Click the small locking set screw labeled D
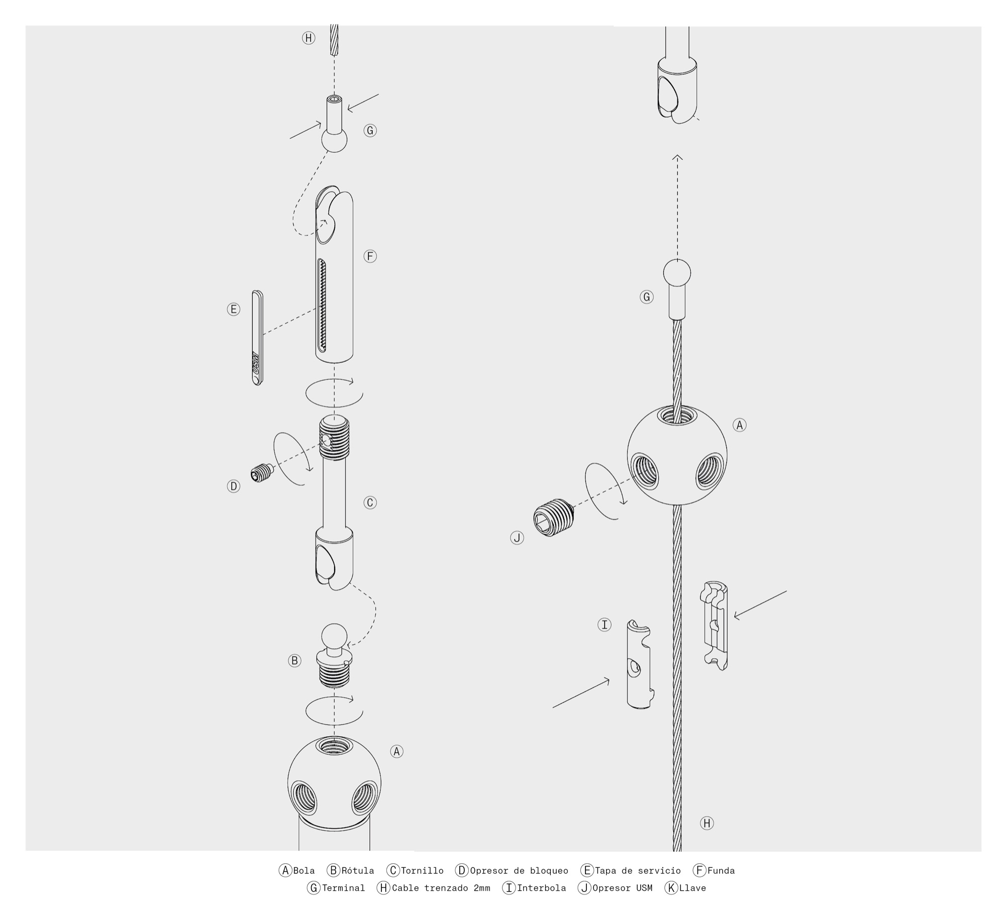[x=261, y=472]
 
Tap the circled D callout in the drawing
[x=234, y=486]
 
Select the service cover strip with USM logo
[x=257, y=338]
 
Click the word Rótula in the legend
[x=358, y=870]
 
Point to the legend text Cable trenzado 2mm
[x=441, y=888]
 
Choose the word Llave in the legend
[x=692, y=888]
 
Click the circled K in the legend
[x=671, y=888]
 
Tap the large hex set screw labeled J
[x=553, y=518]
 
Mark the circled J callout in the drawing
[x=517, y=538]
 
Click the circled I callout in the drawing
[x=605, y=625]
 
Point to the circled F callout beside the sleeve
[x=370, y=256]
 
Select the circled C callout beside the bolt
[x=370, y=502]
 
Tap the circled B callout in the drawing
[x=295, y=661]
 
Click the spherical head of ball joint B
[x=334, y=637]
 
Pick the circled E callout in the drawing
[x=234, y=310]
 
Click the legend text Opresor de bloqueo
[x=519, y=870]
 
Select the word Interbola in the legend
[x=541, y=888]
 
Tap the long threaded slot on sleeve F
[x=322, y=306]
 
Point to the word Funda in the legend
[x=721, y=870]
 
